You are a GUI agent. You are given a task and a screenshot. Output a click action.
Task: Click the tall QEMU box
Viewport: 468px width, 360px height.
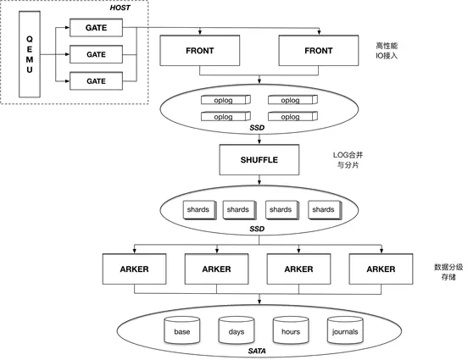coord(30,54)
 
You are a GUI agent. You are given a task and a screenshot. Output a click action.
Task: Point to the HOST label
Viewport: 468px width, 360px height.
coord(120,8)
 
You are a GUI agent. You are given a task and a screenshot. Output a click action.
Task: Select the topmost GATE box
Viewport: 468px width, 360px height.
coord(96,28)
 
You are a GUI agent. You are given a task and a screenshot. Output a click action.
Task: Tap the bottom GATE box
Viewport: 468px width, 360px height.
coord(96,80)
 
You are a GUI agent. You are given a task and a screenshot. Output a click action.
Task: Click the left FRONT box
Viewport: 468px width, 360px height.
coord(200,51)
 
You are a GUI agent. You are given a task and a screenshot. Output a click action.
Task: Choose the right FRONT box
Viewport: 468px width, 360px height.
coord(319,51)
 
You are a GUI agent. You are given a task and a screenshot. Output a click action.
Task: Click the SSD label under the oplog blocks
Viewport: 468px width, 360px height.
coord(257,128)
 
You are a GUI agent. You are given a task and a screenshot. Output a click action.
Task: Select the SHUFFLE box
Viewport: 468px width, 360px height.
coord(259,160)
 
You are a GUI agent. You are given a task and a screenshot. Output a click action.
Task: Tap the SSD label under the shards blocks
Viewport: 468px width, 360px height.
coord(257,229)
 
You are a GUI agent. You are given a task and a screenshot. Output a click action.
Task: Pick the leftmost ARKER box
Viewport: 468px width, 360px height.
coord(134,269)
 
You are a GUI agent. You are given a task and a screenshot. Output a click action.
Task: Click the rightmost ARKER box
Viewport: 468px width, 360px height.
coord(381,269)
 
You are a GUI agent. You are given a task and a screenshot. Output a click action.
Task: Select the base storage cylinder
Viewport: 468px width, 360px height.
coord(181,330)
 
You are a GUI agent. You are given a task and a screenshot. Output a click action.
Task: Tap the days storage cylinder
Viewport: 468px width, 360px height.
coord(236,330)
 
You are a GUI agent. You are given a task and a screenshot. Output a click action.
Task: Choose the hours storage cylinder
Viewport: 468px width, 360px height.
coord(291,330)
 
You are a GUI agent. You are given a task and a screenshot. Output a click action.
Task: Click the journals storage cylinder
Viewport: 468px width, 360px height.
coord(345,330)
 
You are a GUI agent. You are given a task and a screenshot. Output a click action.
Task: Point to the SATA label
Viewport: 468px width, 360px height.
coord(257,351)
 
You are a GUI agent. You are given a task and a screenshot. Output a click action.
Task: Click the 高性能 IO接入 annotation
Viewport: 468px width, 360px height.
coord(387,51)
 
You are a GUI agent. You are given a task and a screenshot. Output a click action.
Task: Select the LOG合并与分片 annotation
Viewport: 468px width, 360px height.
coord(348,160)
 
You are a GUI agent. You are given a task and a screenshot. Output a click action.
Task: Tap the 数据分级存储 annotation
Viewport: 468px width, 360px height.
coord(448,272)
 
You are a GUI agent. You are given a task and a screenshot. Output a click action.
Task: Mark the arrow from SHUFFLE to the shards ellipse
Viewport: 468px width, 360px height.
coord(259,180)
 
